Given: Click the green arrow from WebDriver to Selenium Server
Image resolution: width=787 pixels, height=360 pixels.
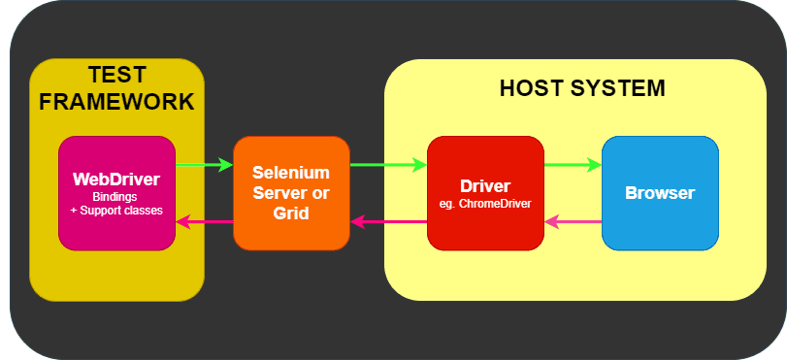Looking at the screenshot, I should (205, 165).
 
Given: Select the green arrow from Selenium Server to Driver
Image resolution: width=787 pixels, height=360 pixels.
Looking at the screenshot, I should (388, 165).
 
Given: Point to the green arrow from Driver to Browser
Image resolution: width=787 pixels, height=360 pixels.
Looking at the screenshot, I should (573, 165).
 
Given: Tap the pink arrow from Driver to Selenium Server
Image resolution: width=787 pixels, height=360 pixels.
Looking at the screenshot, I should (388, 222).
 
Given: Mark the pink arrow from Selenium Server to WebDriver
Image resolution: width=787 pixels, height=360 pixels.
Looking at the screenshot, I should (205, 222).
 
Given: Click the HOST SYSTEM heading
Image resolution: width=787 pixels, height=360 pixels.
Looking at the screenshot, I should (582, 88).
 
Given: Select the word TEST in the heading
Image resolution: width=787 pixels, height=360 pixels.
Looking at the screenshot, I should (117, 76).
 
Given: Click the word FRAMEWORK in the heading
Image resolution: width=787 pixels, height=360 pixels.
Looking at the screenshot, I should (117, 102).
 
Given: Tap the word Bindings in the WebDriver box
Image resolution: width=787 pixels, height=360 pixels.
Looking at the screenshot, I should (116, 197).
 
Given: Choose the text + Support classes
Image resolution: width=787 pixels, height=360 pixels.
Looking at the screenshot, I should (116, 211).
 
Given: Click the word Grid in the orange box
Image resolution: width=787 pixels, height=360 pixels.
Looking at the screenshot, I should (291, 213).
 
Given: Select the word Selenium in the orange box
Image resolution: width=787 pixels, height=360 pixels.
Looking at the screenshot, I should (291, 172).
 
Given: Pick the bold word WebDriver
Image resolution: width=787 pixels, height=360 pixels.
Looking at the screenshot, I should (116, 180).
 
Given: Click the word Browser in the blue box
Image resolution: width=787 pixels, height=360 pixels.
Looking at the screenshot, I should (660, 193).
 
